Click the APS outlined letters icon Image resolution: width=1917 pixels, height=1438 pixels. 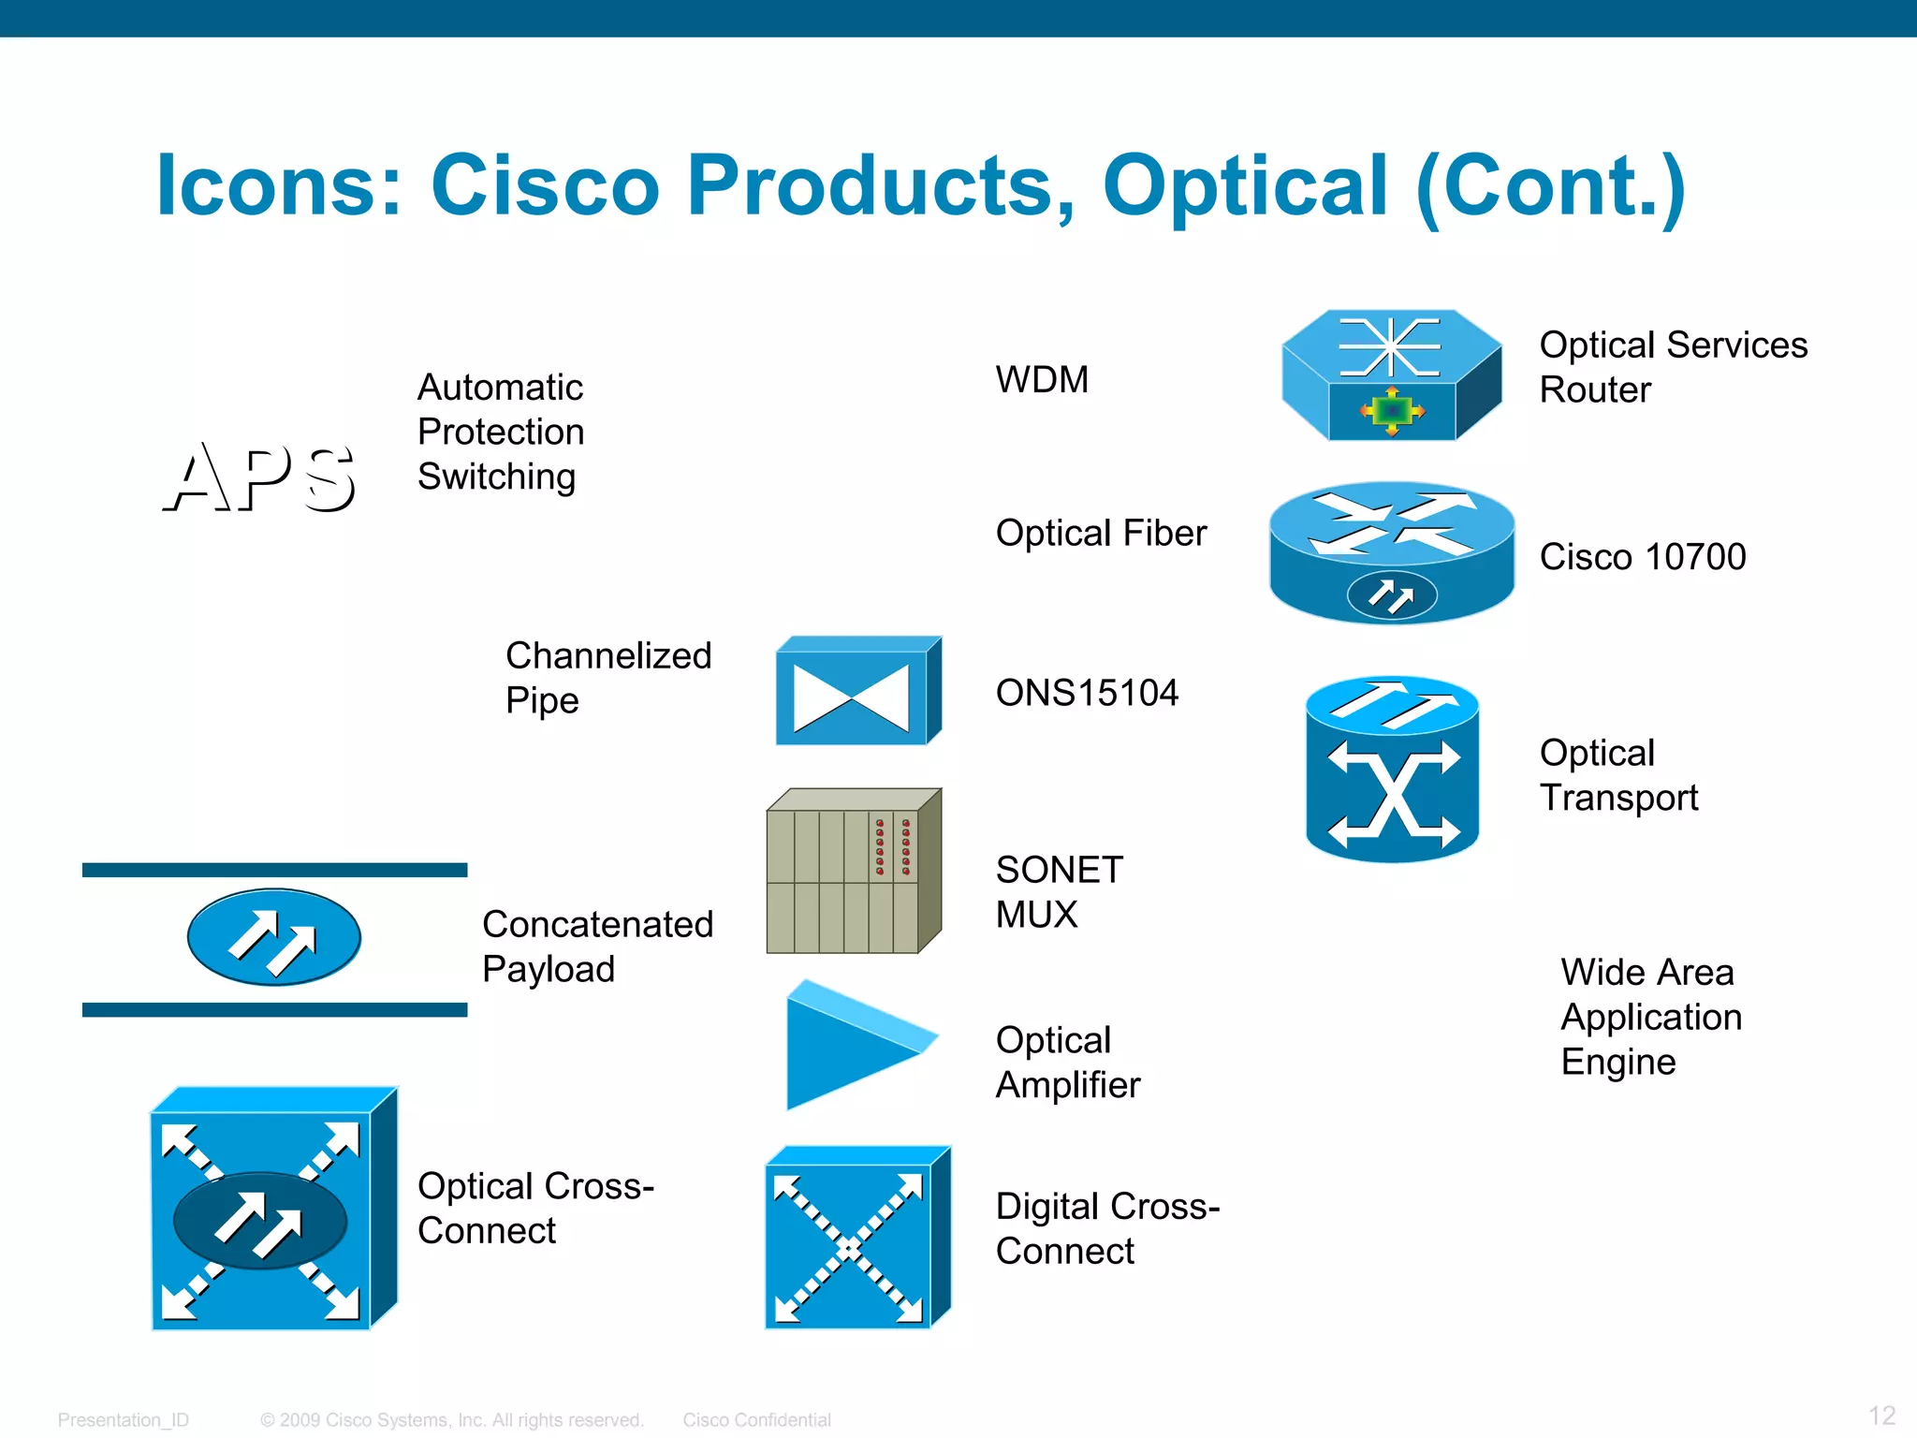tap(260, 477)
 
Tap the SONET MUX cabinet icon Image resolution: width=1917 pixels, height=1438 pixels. tap(852, 871)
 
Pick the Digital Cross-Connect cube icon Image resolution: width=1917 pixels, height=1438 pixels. tap(856, 1238)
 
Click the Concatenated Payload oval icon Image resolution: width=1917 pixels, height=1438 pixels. tap(273, 937)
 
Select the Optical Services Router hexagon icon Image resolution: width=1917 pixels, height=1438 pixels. tap(1391, 375)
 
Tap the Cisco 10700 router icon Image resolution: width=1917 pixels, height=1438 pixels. tap(1391, 552)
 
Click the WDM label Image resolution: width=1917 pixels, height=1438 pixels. tap(1042, 380)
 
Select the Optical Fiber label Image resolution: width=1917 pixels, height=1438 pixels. tap(1101, 533)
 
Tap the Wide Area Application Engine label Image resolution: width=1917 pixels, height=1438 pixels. tap(1650, 1017)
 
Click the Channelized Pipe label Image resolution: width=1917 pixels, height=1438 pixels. tap(608, 678)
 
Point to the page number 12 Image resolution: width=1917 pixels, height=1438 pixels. tap(1881, 1416)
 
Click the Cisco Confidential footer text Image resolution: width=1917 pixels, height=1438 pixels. tap(756, 1420)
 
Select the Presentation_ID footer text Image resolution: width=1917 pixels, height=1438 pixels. tap(123, 1420)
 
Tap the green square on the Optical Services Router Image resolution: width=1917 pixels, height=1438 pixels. tap(1392, 410)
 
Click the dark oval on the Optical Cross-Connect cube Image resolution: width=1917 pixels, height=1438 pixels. tap(260, 1221)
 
